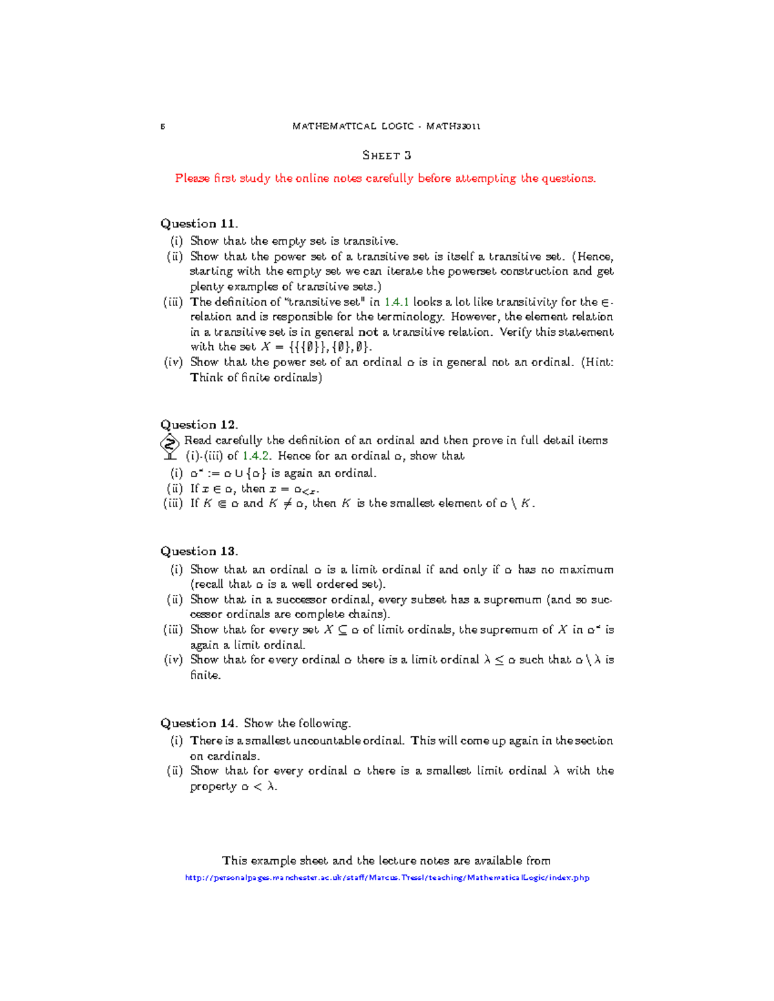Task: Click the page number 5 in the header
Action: click(x=163, y=126)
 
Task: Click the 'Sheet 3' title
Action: click(x=386, y=155)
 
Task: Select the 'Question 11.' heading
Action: click(x=199, y=224)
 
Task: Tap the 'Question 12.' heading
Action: click(x=199, y=425)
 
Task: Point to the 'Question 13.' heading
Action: click(x=199, y=551)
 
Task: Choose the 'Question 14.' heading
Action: click(x=199, y=723)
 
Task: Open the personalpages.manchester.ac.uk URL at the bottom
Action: click(x=387, y=877)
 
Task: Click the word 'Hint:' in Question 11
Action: click(x=597, y=362)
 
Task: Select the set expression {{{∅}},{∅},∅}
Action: click(x=324, y=347)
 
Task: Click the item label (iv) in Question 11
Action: click(x=174, y=362)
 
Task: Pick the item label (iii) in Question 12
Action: click(x=174, y=503)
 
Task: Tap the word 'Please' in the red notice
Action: click(x=192, y=179)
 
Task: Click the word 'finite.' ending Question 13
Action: click(x=205, y=675)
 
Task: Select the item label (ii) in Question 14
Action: click(x=175, y=771)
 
